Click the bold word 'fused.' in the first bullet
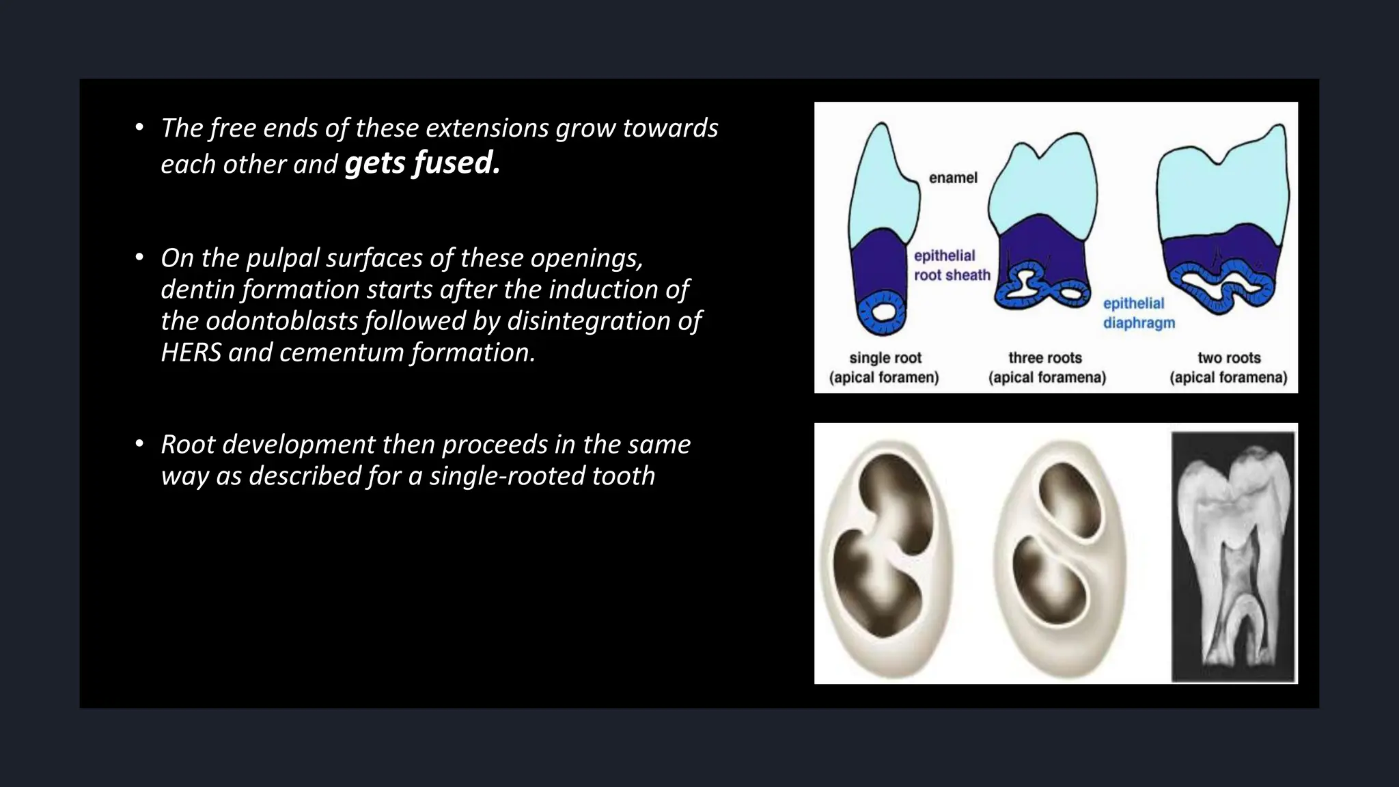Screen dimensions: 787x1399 [456, 163]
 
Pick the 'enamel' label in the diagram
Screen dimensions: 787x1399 [953, 178]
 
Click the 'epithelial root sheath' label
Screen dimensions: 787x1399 [952, 265]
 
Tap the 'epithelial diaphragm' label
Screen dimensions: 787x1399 [1139, 313]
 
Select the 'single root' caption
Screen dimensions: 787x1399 [885, 358]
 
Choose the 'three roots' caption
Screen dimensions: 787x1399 [1045, 358]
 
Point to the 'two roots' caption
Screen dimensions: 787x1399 [1229, 358]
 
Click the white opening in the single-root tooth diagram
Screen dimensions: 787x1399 [883, 312]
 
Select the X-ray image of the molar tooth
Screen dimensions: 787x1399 [1234, 557]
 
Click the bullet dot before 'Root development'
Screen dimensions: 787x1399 [139, 445]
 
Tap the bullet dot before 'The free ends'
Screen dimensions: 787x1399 [139, 128]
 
